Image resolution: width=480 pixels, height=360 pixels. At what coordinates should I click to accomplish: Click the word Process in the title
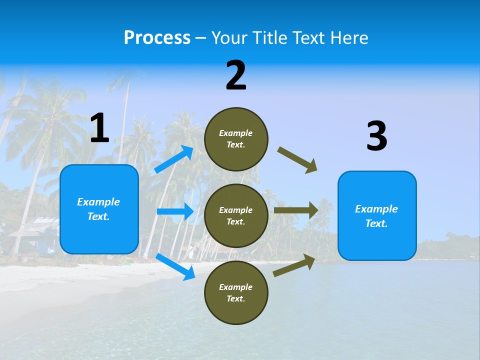(157, 37)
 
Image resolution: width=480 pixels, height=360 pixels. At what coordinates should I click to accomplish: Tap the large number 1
(99, 128)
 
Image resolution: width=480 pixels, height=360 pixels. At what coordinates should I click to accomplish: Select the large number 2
(236, 75)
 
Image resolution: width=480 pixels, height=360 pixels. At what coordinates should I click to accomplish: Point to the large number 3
(376, 136)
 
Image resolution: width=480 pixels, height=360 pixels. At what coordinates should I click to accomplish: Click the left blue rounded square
(99, 209)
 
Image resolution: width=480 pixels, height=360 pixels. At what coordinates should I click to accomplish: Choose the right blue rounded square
(377, 215)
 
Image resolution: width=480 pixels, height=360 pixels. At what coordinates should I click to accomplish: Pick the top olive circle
(236, 139)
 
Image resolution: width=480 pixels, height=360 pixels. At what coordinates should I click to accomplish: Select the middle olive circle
(236, 215)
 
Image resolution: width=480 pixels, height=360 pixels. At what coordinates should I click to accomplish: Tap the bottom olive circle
(236, 292)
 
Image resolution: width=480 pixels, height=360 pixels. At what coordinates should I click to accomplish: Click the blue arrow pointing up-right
(174, 159)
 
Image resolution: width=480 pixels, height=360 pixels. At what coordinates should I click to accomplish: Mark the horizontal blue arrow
(175, 211)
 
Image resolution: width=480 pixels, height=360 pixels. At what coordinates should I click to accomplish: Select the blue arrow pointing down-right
(175, 266)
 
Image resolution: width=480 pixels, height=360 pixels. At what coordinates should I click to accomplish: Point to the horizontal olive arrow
(296, 210)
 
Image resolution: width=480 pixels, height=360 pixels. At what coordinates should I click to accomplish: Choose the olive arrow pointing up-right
(294, 265)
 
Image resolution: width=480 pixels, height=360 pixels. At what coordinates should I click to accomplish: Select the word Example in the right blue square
(376, 209)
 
